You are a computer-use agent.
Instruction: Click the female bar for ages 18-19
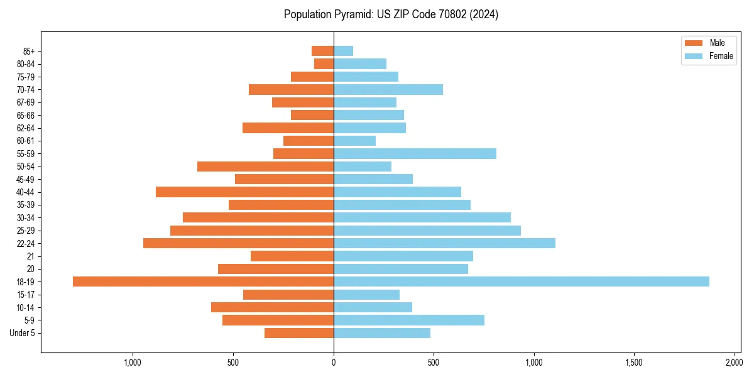coord(521,281)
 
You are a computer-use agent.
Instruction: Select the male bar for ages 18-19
coord(203,281)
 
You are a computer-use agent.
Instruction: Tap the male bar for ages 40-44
coord(244,192)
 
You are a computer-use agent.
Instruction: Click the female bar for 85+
coord(343,51)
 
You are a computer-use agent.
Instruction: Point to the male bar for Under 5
coord(299,333)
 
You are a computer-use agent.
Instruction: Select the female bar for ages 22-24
coord(444,243)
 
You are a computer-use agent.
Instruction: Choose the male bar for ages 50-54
coord(265,167)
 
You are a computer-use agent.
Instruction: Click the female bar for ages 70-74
coord(388,89)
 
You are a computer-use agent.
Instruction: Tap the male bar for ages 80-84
coord(324,63)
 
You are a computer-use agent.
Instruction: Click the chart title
coord(391,14)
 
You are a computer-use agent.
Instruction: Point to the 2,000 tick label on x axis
coord(734,363)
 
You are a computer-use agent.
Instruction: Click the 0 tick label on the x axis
coord(334,363)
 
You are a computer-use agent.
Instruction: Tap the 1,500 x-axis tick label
coord(633,363)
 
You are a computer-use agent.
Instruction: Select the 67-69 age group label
coord(25,102)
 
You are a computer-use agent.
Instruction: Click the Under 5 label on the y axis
coord(22,333)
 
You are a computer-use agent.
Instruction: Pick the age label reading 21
coord(31,256)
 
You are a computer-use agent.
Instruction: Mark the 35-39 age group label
coord(25,205)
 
